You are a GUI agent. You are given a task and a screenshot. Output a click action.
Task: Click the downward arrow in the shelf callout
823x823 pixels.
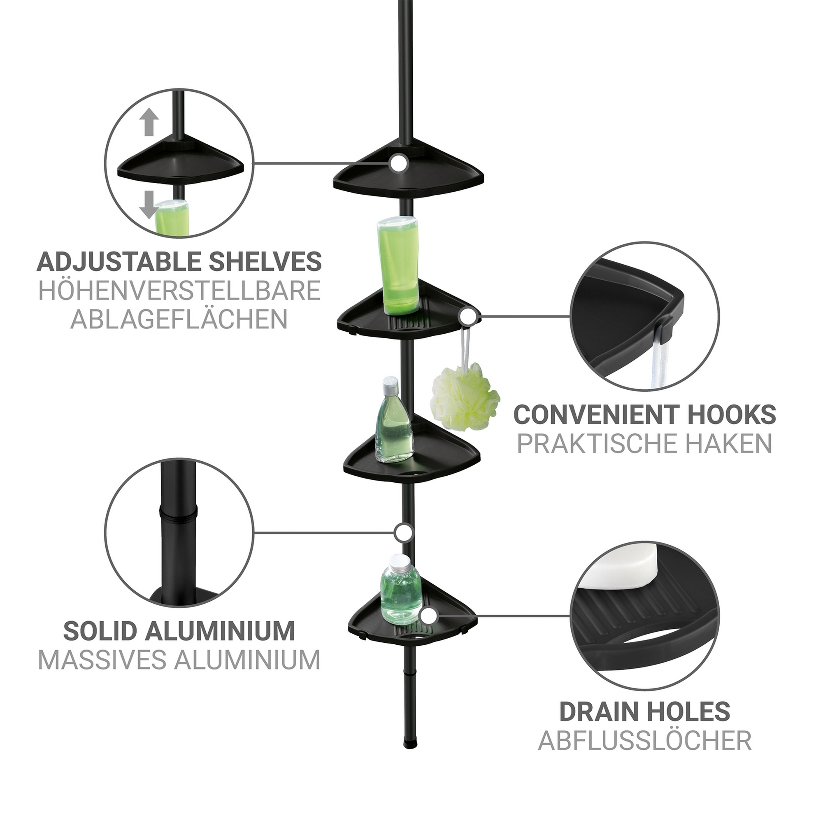point(149,205)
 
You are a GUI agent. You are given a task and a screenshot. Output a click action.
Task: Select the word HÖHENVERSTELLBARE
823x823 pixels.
point(179,291)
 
